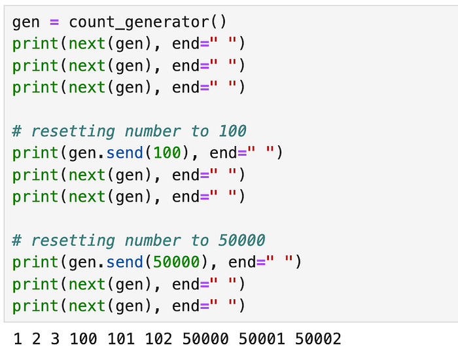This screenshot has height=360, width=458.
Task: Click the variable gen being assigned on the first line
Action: pos(26,22)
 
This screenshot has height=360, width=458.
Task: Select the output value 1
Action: pos(18,339)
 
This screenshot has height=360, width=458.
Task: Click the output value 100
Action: pos(83,339)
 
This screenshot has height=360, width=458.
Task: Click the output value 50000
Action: pos(206,339)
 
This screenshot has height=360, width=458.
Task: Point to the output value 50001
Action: pos(262,339)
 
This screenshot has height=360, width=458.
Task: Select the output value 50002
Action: pos(319,339)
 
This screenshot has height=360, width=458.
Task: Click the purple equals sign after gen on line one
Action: pos(54,22)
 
